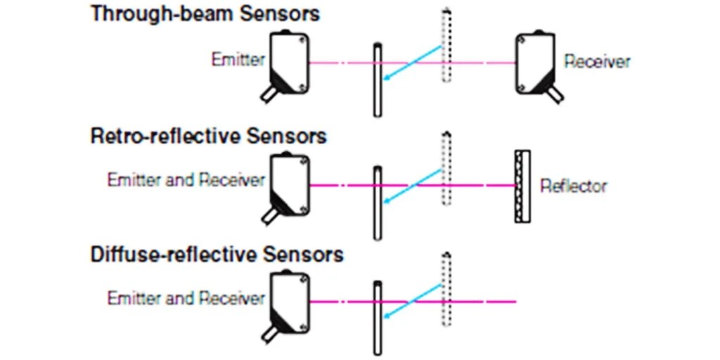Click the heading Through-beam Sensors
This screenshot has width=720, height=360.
pyautogui.click(x=205, y=13)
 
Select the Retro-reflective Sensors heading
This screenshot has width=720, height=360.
pyautogui.click(x=209, y=135)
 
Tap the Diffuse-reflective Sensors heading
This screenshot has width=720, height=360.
pyautogui.click(x=217, y=254)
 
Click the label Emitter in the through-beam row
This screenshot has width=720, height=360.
pyautogui.click(x=238, y=60)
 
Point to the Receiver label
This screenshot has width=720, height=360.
pyautogui.click(x=597, y=62)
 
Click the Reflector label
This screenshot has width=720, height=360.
pyautogui.click(x=573, y=186)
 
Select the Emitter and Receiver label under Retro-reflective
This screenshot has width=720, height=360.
pyautogui.click(x=186, y=180)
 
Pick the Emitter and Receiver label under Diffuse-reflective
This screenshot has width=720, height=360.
pyautogui.click(x=186, y=298)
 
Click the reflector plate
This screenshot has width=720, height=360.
pyautogui.click(x=522, y=186)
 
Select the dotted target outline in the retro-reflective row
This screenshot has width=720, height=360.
pyautogui.click(x=444, y=169)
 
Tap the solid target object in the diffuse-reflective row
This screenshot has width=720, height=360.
pyautogui.click(x=378, y=316)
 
